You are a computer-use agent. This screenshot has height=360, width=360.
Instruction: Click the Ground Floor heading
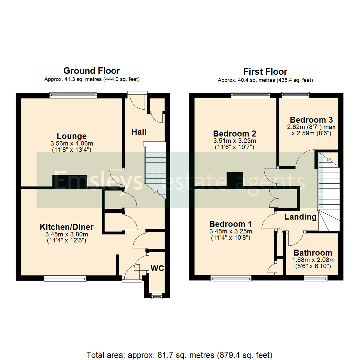click(x=92, y=71)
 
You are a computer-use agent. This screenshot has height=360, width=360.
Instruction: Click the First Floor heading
click(x=265, y=71)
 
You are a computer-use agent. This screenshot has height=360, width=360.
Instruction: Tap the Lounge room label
click(x=72, y=136)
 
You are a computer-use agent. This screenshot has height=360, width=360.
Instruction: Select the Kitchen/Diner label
click(x=67, y=227)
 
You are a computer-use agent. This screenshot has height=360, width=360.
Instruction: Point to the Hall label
click(x=139, y=132)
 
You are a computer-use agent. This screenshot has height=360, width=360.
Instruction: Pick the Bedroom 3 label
click(x=312, y=120)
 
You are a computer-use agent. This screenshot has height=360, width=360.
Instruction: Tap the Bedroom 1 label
click(x=231, y=224)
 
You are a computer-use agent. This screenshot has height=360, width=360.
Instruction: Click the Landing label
click(x=300, y=217)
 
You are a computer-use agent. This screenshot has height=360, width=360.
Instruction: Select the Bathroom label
click(x=313, y=253)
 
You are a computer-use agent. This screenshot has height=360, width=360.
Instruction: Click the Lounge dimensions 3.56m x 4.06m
click(x=72, y=144)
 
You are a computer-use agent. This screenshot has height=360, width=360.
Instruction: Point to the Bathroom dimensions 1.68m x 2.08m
click(x=313, y=260)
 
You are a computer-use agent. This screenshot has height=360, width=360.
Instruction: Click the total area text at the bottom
click(x=180, y=354)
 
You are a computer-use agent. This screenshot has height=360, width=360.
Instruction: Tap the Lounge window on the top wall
click(x=73, y=95)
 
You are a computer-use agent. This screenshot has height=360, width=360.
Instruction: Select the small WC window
click(x=156, y=296)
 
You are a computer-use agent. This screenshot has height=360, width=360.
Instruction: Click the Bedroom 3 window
click(x=295, y=95)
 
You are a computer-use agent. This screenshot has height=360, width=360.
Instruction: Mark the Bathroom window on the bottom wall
click(x=316, y=277)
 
